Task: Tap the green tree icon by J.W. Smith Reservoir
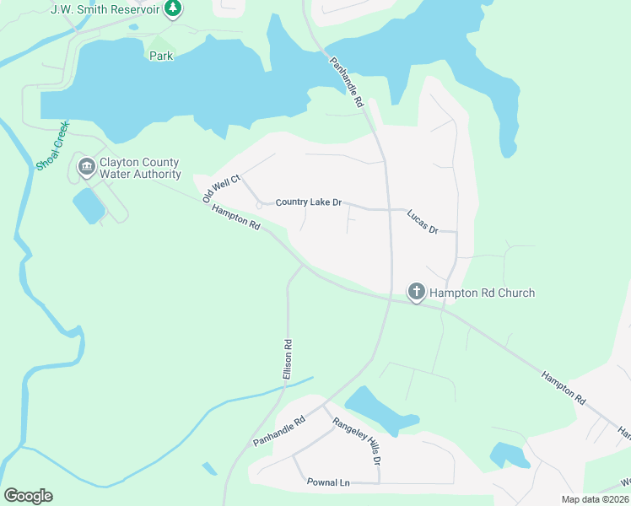pyautogui.click(x=173, y=8)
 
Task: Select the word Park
pyautogui.click(x=161, y=56)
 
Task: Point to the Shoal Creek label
pyautogui.click(x=51, y=146)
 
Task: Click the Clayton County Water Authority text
pyautogui.click(x=140, y=168)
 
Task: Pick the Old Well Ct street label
pyautogui.click(x=222, y=188)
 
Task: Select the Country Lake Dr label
pyautogui.click(x=309, y=202)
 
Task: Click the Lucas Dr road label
pyautogui.click(x=423, y=223)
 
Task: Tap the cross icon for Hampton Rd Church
pyautogui.click(x=416, y=293)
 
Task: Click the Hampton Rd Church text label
pyautogui.click(x=482, y=293)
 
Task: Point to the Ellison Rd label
pyautogui.click(x=288, y=358)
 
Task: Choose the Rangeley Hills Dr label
pyautogui.click(x=357, y=442)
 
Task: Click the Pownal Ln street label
pyautogui.click(x=328, y=482)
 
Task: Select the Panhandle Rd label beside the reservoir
pyautogui.click(x=346, y=81)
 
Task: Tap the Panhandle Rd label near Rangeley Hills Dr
pyautogui.click(x=278, y=431)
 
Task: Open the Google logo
pyautogui.click(x=28, y=496)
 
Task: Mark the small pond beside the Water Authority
pyautogui.click(x=89, y=206)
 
